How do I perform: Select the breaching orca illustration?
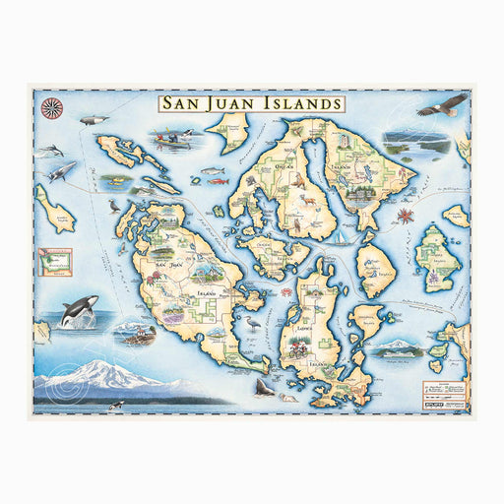74,314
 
